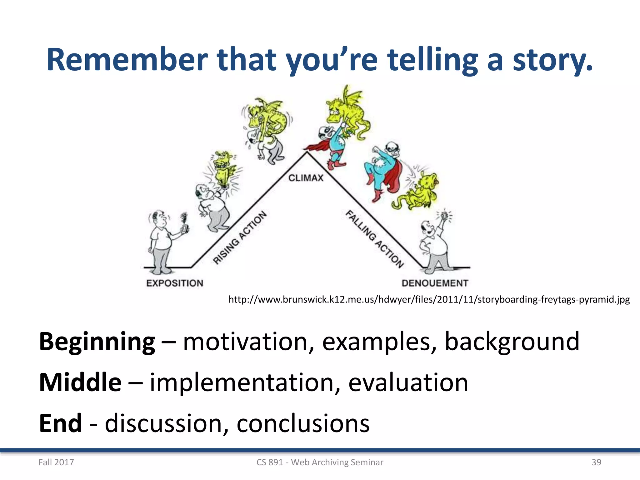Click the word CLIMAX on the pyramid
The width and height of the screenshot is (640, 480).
306,178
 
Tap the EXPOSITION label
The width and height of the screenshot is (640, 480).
175,283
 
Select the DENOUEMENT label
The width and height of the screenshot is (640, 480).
435,283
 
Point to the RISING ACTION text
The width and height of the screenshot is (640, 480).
240,237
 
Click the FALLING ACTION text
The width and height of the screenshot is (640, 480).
374,239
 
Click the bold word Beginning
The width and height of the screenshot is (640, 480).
97,342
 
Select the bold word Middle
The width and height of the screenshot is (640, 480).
80,382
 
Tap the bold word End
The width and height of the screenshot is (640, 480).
60,423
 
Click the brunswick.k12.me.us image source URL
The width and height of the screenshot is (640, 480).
429,300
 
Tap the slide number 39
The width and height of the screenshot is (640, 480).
596,462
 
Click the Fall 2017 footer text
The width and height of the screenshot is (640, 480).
56,462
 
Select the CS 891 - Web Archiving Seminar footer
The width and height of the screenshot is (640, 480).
320,462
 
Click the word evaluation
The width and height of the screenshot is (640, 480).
408,382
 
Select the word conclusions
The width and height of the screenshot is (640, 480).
303,423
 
